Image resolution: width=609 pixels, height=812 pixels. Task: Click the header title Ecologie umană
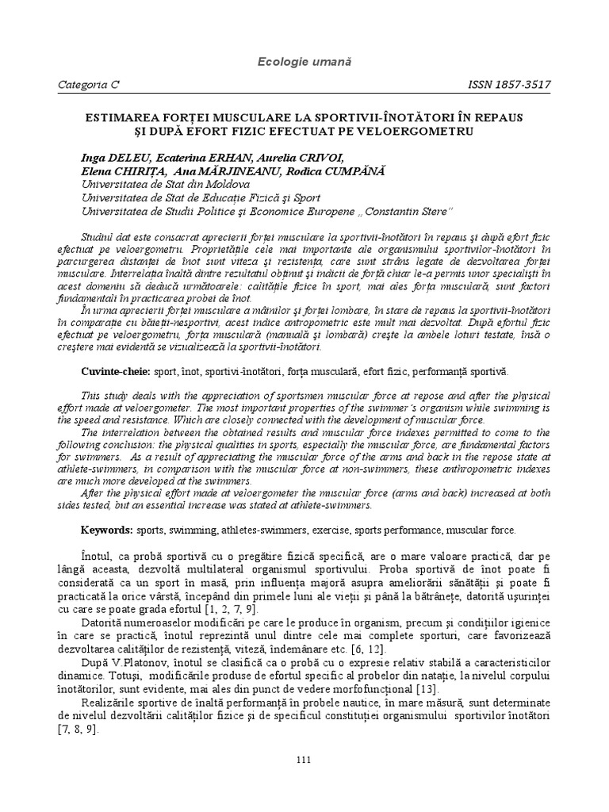click(x=304, y=61)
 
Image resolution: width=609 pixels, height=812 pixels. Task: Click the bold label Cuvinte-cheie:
click(x=117, y=372)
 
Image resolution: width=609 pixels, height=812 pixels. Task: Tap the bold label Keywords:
click(x=107, y=529)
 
